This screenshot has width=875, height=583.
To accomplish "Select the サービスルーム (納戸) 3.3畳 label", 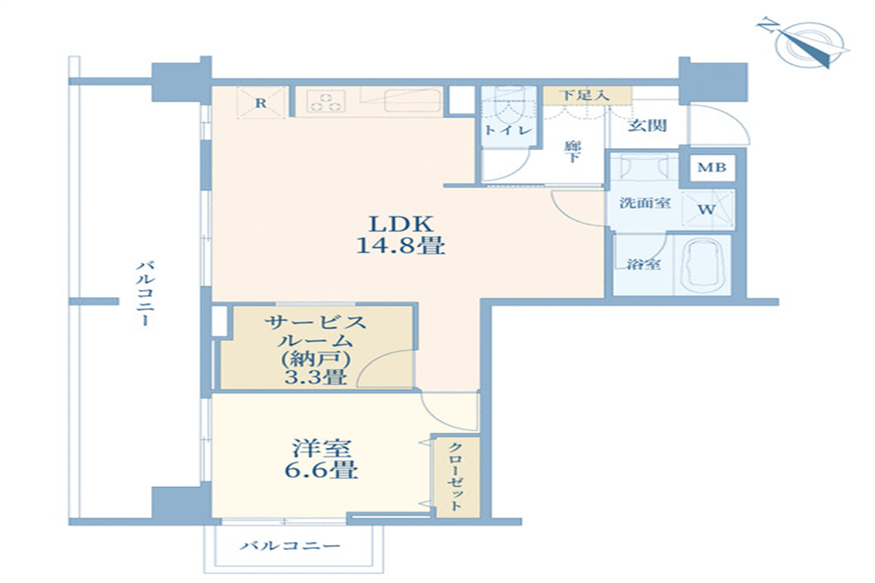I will (x=315, y=349).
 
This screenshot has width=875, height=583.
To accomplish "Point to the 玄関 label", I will (x=647, y=125).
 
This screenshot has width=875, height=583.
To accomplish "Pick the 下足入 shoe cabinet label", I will (x=586, y=95).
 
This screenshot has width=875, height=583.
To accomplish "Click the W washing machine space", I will (x=707, y=210).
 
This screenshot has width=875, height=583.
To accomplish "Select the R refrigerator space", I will (x=260, y=103).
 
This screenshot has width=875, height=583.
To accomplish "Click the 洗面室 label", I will (x=645, y=203).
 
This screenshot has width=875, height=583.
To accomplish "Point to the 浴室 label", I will (x=644, y=265).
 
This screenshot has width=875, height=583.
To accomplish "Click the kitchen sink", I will (x=411, y=99).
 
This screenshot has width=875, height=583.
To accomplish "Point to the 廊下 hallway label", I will (x=571, y=151).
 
